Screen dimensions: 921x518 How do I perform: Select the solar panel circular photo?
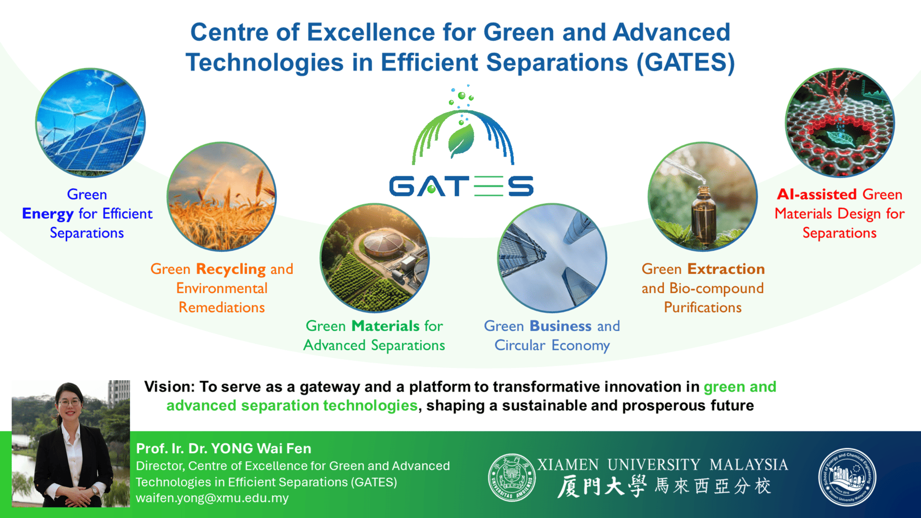click(x=91, y=123)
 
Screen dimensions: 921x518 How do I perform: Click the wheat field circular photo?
click(x=222, y=196)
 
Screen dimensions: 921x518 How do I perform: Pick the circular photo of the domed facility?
click(x=375, y=258)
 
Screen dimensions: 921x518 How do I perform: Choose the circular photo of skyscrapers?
click(x=552, y=258)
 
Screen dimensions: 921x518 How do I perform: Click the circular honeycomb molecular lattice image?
click(x=840, y=123)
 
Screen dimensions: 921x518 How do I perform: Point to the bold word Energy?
click(x=47, y=214)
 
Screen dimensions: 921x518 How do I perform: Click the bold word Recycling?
click(x=231, y=270)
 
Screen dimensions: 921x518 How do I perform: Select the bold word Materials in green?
click(x=386, y=326)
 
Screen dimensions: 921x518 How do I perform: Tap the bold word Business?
click(x=560, y=326)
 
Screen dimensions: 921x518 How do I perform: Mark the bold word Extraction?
click(x=726, y=269)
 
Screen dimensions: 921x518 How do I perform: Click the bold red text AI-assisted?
click(x=817, y=194)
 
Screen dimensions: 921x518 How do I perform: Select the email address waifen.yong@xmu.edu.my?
click(x=212, y=498)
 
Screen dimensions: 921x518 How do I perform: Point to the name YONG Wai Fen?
click(x=261, y=448)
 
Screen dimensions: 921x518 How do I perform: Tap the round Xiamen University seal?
click(x=512, y=477)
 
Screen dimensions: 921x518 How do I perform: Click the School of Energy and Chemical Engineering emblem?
click(x=847, y=477)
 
